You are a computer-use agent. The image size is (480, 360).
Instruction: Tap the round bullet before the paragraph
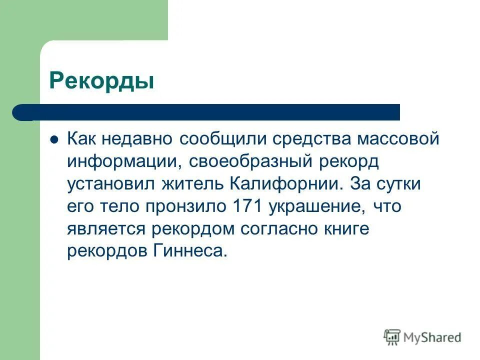[x=55, y=139]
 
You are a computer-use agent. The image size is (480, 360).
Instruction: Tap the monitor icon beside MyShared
[x=392, y=337]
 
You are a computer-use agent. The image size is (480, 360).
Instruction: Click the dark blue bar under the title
[x=210, y=112]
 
